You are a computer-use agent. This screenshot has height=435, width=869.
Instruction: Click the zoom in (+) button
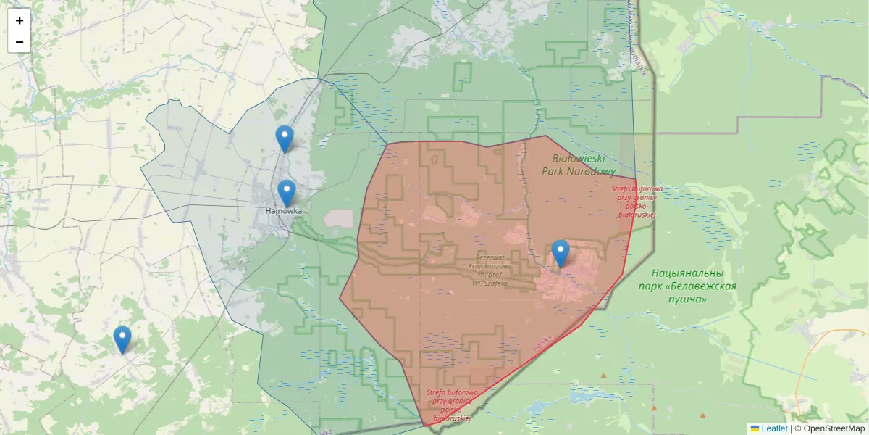tap(19, 20)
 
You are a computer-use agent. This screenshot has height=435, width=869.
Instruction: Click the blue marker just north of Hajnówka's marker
tap(285, 138)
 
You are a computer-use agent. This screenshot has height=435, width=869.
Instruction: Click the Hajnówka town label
tap(283, 211)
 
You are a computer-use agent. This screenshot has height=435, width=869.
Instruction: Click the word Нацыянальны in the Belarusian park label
tap(687, 273)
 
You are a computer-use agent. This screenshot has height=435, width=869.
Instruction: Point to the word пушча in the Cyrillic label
tap(687, 299)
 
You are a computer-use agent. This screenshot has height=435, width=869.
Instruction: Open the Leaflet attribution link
tap(774, 428)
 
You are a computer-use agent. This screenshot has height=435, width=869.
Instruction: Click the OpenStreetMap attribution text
tap(834, 428)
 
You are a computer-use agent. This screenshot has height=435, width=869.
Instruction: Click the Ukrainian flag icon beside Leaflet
tap(755, 428)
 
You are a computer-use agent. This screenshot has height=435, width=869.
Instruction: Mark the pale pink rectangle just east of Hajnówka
tap(339, 218)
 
